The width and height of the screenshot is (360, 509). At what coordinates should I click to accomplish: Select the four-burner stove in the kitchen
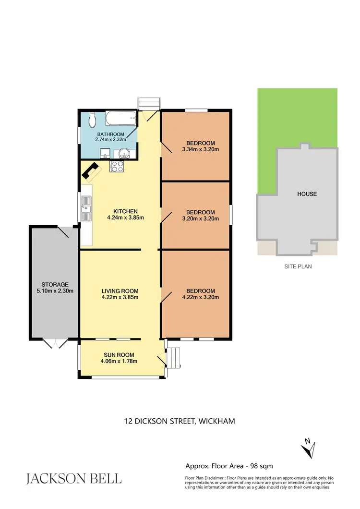click(118, 167)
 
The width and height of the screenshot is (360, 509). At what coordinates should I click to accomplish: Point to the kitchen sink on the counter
click(86, 210)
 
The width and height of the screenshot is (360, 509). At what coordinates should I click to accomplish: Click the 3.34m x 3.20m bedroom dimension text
click(201, 149)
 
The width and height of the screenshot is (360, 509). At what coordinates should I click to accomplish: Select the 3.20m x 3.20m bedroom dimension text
click(201, 218)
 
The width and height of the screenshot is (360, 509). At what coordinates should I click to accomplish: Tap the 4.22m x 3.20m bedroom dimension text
click(201, 297)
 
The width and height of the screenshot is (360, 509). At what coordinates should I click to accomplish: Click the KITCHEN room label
click(125, 211)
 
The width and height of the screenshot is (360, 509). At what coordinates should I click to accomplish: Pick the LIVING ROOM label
click(120, 291)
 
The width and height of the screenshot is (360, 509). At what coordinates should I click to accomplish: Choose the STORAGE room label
click(55, 284)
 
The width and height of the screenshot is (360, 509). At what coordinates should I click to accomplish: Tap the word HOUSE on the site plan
click(307, 194)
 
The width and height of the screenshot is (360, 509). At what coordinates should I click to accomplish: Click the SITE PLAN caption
click(297, 266)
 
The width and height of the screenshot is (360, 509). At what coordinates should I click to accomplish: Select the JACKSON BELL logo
click(73, 478)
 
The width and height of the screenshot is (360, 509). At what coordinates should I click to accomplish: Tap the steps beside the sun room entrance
click(174, 357)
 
